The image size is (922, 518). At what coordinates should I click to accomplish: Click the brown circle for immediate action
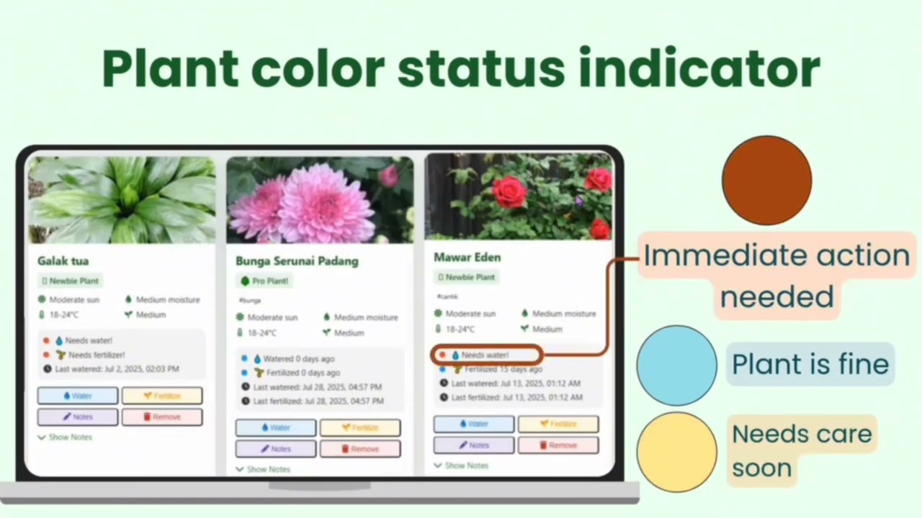[766, 181]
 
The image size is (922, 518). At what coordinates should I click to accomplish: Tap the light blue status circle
[676, 365]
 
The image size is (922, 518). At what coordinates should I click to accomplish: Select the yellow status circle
[676, 452]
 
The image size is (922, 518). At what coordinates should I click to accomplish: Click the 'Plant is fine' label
[810, 364]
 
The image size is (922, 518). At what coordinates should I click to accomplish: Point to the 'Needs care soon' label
[801, 450]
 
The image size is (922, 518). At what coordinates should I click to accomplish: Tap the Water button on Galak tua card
[78, 396]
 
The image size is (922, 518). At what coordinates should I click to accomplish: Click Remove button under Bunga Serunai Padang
[360, 449]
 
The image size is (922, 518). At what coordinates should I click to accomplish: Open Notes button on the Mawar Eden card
[473, 445]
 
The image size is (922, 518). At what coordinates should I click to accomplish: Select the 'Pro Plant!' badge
[265, 281]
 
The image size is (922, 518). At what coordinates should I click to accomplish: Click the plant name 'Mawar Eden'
[467, 257]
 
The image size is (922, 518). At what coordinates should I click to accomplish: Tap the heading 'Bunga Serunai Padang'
[297, 260]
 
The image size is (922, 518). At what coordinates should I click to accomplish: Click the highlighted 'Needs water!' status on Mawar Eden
[485, 355]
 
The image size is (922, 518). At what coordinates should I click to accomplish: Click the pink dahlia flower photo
[320, 200]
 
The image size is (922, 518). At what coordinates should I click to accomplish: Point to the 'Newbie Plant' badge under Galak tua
[71, 281]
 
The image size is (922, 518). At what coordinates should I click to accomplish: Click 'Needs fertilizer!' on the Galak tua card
[94, 355]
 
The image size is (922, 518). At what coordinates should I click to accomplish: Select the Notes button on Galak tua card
[78, 417]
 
